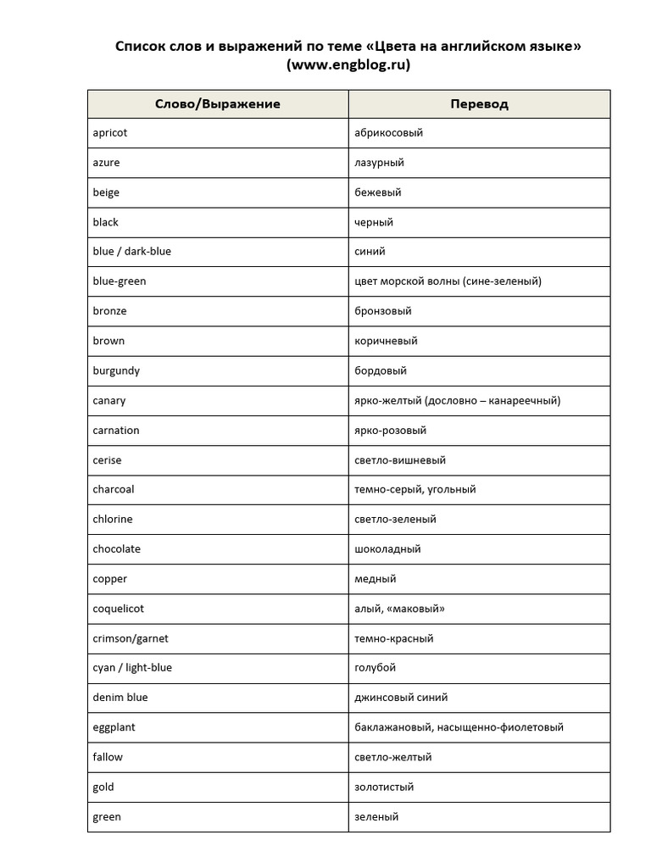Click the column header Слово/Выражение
point(217,103)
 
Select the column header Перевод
point(479,103)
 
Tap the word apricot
point(110,133)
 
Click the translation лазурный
point(379,163)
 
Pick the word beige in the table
point(106,192)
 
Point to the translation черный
point(374,222)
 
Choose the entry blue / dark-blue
point(132,252)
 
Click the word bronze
point(110,311)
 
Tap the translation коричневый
point(386,341)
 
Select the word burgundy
point(116,370)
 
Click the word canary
point(109,400)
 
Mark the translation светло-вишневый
point(400,460)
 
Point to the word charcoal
point(114,489)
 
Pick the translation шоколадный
point(387,549)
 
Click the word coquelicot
point(118,609)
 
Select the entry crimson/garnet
point(125,638)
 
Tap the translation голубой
point(375,668)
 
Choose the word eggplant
point(114,727)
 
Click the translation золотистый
point(384,787)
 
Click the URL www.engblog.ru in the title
point(348,64)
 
